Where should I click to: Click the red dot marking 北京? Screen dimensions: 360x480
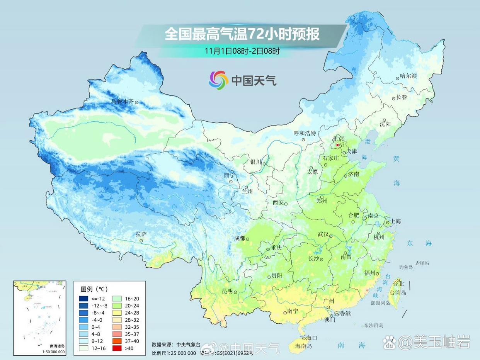(337, 145)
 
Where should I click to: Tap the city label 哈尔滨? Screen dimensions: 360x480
(409, 76)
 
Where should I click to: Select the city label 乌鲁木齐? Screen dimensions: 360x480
(123, 101)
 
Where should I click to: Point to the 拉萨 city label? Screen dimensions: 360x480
(141, 234)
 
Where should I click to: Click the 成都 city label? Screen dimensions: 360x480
(240, 238)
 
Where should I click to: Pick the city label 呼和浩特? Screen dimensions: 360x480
(305, 133)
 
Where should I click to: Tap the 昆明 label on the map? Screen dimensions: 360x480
(227, 291)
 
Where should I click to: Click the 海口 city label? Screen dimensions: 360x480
(311, 338)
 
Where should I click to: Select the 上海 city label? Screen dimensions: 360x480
(396, 221)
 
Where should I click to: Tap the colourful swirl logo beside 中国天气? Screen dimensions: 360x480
(219, 80)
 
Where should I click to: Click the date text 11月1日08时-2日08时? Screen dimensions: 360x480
(242, 51)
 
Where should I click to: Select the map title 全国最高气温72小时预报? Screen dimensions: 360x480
(242, 34)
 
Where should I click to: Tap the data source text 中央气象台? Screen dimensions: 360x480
(188, 344)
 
